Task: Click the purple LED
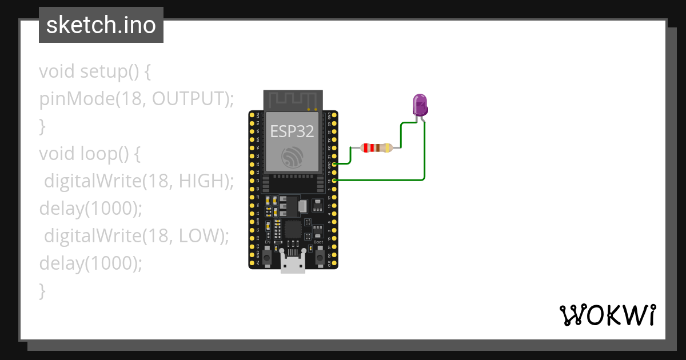pos(420,105)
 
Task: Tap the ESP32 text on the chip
pos(292,131)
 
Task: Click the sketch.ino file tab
pos(101,25)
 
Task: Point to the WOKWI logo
pos(607,315)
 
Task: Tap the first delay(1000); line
pos(90,209)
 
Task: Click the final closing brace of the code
pos(42,290)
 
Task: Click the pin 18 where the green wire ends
pos(334,181)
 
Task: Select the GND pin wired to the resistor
pos(334,164)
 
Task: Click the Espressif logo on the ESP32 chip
pos(292,158)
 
